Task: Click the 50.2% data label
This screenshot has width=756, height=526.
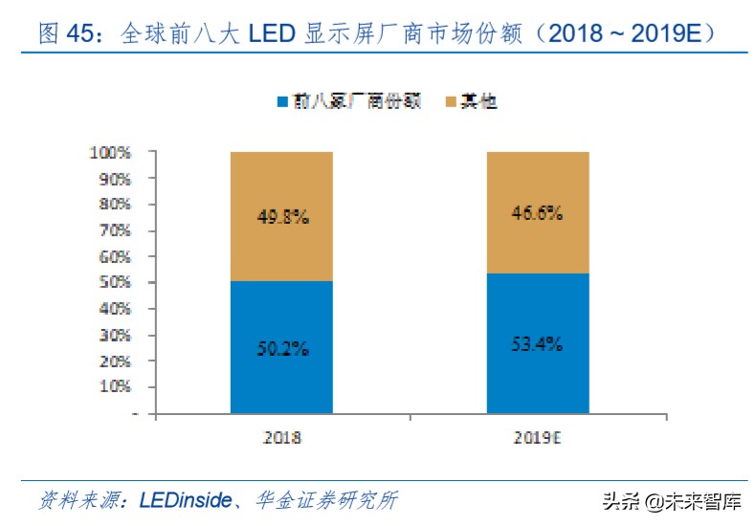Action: [282, 349]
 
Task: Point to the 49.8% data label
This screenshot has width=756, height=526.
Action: [282, 217]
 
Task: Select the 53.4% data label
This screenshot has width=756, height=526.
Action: [537, 343]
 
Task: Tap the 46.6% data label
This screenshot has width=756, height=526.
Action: [537, 213]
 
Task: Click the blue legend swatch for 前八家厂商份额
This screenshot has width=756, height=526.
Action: [282, 101]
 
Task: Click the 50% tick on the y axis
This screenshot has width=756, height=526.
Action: [114, 283]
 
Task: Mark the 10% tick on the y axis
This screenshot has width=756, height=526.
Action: [114, 387]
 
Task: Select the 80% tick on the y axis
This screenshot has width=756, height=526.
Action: [114, 205]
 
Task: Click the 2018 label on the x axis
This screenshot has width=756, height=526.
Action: [281, 438]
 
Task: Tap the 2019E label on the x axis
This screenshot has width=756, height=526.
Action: [537, 438]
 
